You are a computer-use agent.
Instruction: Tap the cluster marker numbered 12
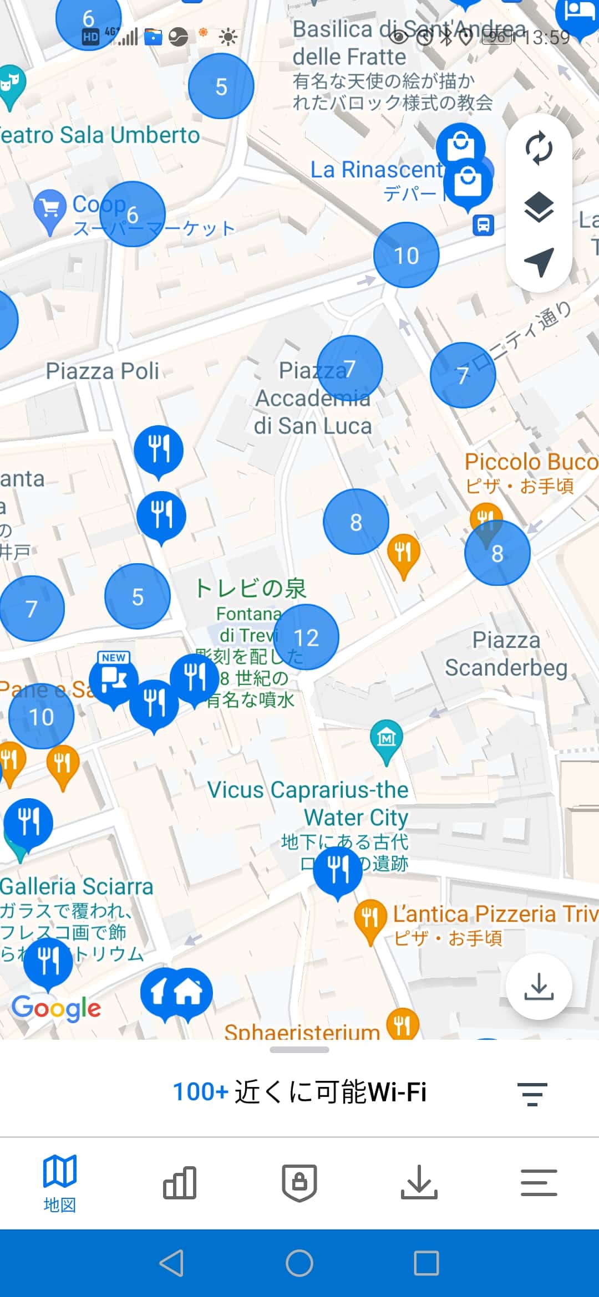pyautogui.click(x=306, y=637)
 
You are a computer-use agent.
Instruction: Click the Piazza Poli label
pyautogui.click(x=103, y=371)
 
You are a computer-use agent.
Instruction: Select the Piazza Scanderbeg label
pyautogui.click(x=506, y=654)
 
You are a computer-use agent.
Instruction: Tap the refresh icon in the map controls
pyautogui.click(x=539, y=149)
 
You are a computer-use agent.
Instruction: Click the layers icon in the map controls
pyautogui.click(x=539, y=208)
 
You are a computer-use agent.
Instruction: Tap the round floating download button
pyautogui.click(x=539, y=987)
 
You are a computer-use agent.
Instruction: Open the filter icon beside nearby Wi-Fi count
pyautogui.click(x=532, y=1093)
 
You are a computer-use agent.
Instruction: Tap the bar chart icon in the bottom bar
pyautogui.click(x=180, y=1182)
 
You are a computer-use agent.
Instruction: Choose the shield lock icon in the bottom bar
pyautogui.click(x=299, y=1182)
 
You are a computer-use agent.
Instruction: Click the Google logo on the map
pyautogui.click(x=57, y=1008)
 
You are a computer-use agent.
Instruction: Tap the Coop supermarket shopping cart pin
pyautogui.click(x=50, y=210)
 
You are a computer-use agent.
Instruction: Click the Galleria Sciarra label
pyautogui.click(x=77, y=886)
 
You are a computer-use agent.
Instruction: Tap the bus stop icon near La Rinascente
pyautogui.click(x=483, y=225)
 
